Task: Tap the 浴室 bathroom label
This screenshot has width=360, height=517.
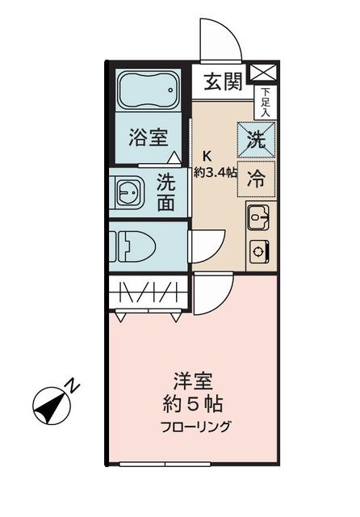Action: click(x=149, y=137)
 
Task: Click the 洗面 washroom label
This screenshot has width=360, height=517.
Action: click(x=166, y=192)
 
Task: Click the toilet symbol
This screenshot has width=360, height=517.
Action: click(x=129, y=244)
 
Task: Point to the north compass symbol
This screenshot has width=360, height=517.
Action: click(x=51, y=401)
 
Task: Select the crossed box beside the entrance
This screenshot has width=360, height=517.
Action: click(x=263, y=72)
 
